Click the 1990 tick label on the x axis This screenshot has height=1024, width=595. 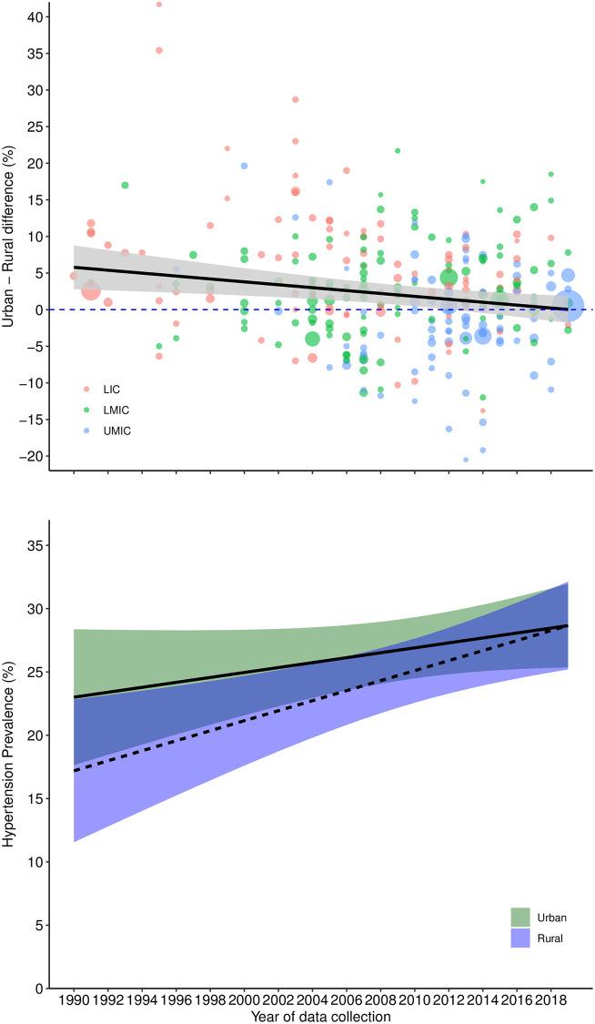[x=74, y=999]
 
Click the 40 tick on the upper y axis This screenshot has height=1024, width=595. [x=34, y=17]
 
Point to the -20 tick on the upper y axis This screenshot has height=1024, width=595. [x=31, y=456]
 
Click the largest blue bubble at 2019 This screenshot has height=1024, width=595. [x=568, y=309]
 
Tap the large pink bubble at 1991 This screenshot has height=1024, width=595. [x=91, y=289]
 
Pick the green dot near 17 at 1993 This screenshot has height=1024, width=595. [x=125, y=185]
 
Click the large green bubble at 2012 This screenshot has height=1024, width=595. [x=449, y=278]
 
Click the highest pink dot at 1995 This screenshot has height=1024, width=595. [x=159, y=4]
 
